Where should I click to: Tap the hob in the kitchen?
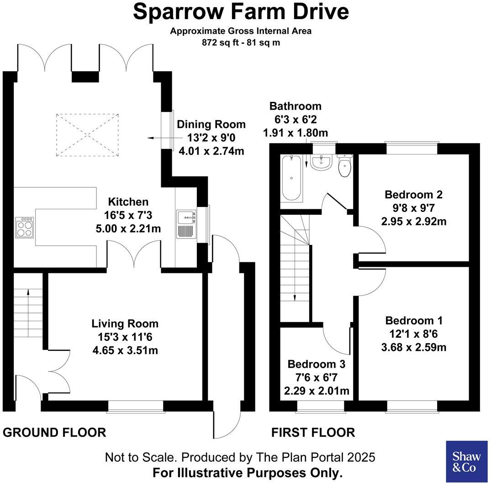24,227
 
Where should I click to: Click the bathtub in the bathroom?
291,179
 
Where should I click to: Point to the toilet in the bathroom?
345,165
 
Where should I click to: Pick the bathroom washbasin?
322,162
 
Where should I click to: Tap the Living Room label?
125,324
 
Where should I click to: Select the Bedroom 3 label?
316,364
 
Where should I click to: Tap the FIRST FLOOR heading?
313,432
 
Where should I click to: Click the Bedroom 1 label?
414,320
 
